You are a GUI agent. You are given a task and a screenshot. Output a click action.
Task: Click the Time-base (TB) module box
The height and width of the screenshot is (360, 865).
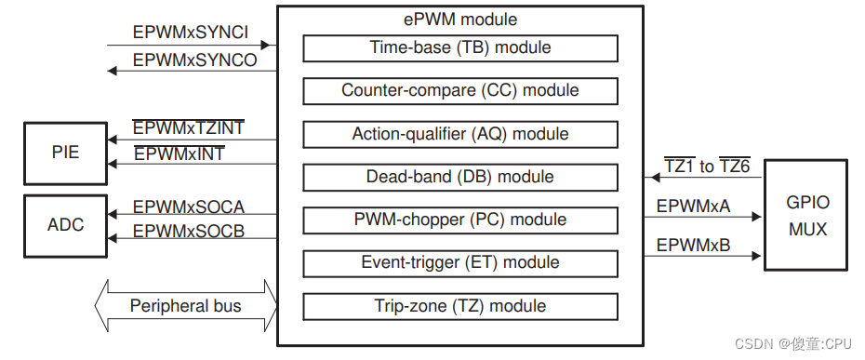pos(460,47)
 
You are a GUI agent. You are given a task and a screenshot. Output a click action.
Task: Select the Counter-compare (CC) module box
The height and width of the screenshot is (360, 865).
pos(460,90)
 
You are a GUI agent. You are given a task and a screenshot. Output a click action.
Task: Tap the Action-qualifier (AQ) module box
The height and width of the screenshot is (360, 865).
pos(460,134)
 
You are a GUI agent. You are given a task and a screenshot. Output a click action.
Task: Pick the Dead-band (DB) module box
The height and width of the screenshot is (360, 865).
pos(460,177)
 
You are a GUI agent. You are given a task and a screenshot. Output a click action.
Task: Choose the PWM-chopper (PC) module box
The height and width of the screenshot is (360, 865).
pos(460,220)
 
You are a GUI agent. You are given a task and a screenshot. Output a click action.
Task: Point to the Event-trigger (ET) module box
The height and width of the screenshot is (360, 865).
pos(460,262)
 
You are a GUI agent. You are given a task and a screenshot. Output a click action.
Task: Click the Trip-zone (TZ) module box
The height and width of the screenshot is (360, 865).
pos(460,306)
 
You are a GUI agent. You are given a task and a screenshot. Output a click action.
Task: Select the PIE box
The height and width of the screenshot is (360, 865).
pos(64,151)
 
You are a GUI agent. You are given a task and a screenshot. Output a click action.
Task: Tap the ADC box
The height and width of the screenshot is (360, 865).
pos(64,224)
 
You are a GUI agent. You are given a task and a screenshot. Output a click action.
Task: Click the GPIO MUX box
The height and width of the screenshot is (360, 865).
pos(806,215)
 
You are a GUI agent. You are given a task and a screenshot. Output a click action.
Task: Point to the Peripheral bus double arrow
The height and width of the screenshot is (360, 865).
pos(186,305)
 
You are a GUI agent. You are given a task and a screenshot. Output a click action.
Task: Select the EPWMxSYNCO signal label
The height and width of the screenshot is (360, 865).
pos(194,60)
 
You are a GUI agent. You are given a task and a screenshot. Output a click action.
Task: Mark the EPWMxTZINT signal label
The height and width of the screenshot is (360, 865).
pos(189,128)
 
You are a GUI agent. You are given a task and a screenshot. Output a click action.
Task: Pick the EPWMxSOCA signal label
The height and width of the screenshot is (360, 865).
pos(189,207)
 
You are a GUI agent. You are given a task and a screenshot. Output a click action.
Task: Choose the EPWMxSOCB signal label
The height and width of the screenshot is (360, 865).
pos(189,232)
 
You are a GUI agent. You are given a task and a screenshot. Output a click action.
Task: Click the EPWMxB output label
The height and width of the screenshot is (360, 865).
pos(693,246)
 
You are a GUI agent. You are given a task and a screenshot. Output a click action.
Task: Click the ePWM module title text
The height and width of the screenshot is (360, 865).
pos(460,19)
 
